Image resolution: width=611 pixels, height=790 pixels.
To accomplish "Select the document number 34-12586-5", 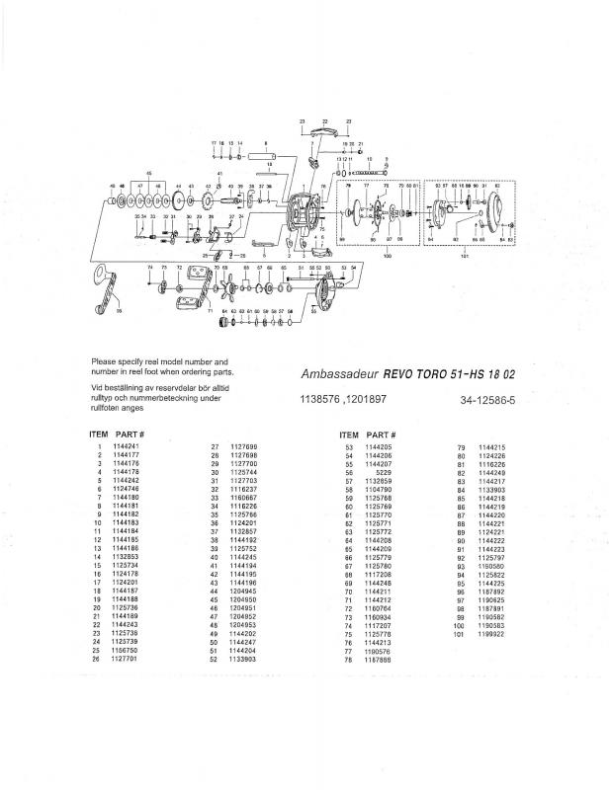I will coord(487,400).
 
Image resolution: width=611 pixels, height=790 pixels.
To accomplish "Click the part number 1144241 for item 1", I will coord(125,446).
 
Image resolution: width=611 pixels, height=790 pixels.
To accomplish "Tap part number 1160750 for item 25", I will coord(125,651).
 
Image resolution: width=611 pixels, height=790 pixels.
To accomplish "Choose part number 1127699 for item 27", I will coord(243,446).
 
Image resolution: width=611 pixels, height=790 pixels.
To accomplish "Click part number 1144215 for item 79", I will coord(491,446).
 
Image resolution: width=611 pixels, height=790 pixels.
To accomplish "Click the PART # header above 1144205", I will coord(381,434).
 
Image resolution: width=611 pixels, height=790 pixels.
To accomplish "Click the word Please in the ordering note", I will coord(105,362).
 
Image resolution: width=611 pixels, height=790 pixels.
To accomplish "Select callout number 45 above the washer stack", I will coord(149,172).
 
